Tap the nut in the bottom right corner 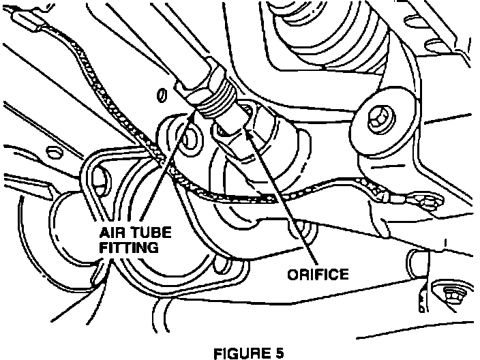pyautogui.click(x=452, y=295)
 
